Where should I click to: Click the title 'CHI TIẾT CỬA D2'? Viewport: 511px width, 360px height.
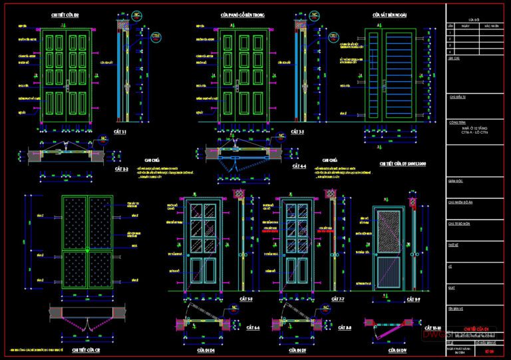(65, 14)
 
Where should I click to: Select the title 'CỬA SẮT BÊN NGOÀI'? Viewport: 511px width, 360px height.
(389, 14)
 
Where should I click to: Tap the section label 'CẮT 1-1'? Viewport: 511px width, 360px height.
(120, 132)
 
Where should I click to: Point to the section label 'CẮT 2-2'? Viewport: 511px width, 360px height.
(120, 170)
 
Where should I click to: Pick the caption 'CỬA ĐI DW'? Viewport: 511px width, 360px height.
(398, 349)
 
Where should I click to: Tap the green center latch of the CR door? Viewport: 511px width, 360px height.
(87, 250)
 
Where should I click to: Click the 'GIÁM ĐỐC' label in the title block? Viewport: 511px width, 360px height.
(456, 180)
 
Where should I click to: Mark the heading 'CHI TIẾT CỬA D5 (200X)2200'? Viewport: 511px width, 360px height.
(403, 163)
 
